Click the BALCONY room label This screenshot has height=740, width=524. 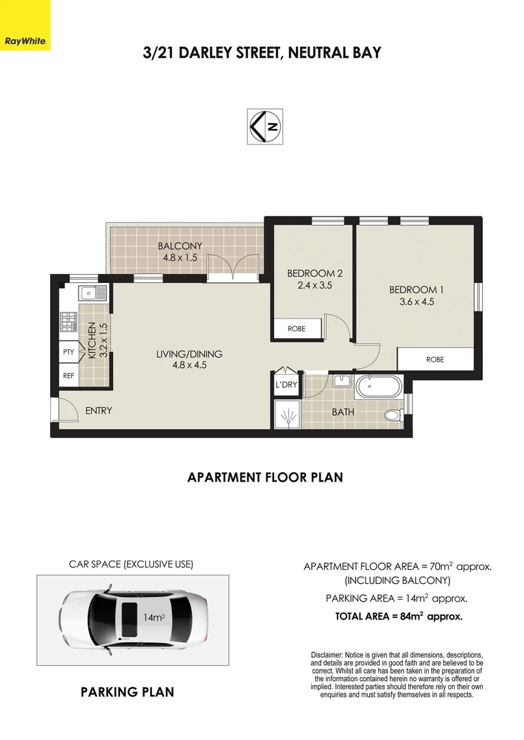tap(179, 247)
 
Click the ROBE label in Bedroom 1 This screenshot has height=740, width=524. tap(435, 359)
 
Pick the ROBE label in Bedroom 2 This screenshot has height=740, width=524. tap(297, 329)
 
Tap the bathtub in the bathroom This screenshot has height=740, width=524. tap(379, 388)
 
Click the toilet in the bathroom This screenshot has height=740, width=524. tap(394, 415)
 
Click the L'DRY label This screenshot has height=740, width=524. tap(286, 384)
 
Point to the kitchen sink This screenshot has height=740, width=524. tap(91, 294)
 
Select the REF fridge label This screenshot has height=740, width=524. tap(68, 375)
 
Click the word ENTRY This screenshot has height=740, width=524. tap(99, 411)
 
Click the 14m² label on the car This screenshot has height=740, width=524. tap(153, 617)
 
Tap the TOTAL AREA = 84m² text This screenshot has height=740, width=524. tap(399, 616)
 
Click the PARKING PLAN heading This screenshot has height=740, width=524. tap(127, 692)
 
